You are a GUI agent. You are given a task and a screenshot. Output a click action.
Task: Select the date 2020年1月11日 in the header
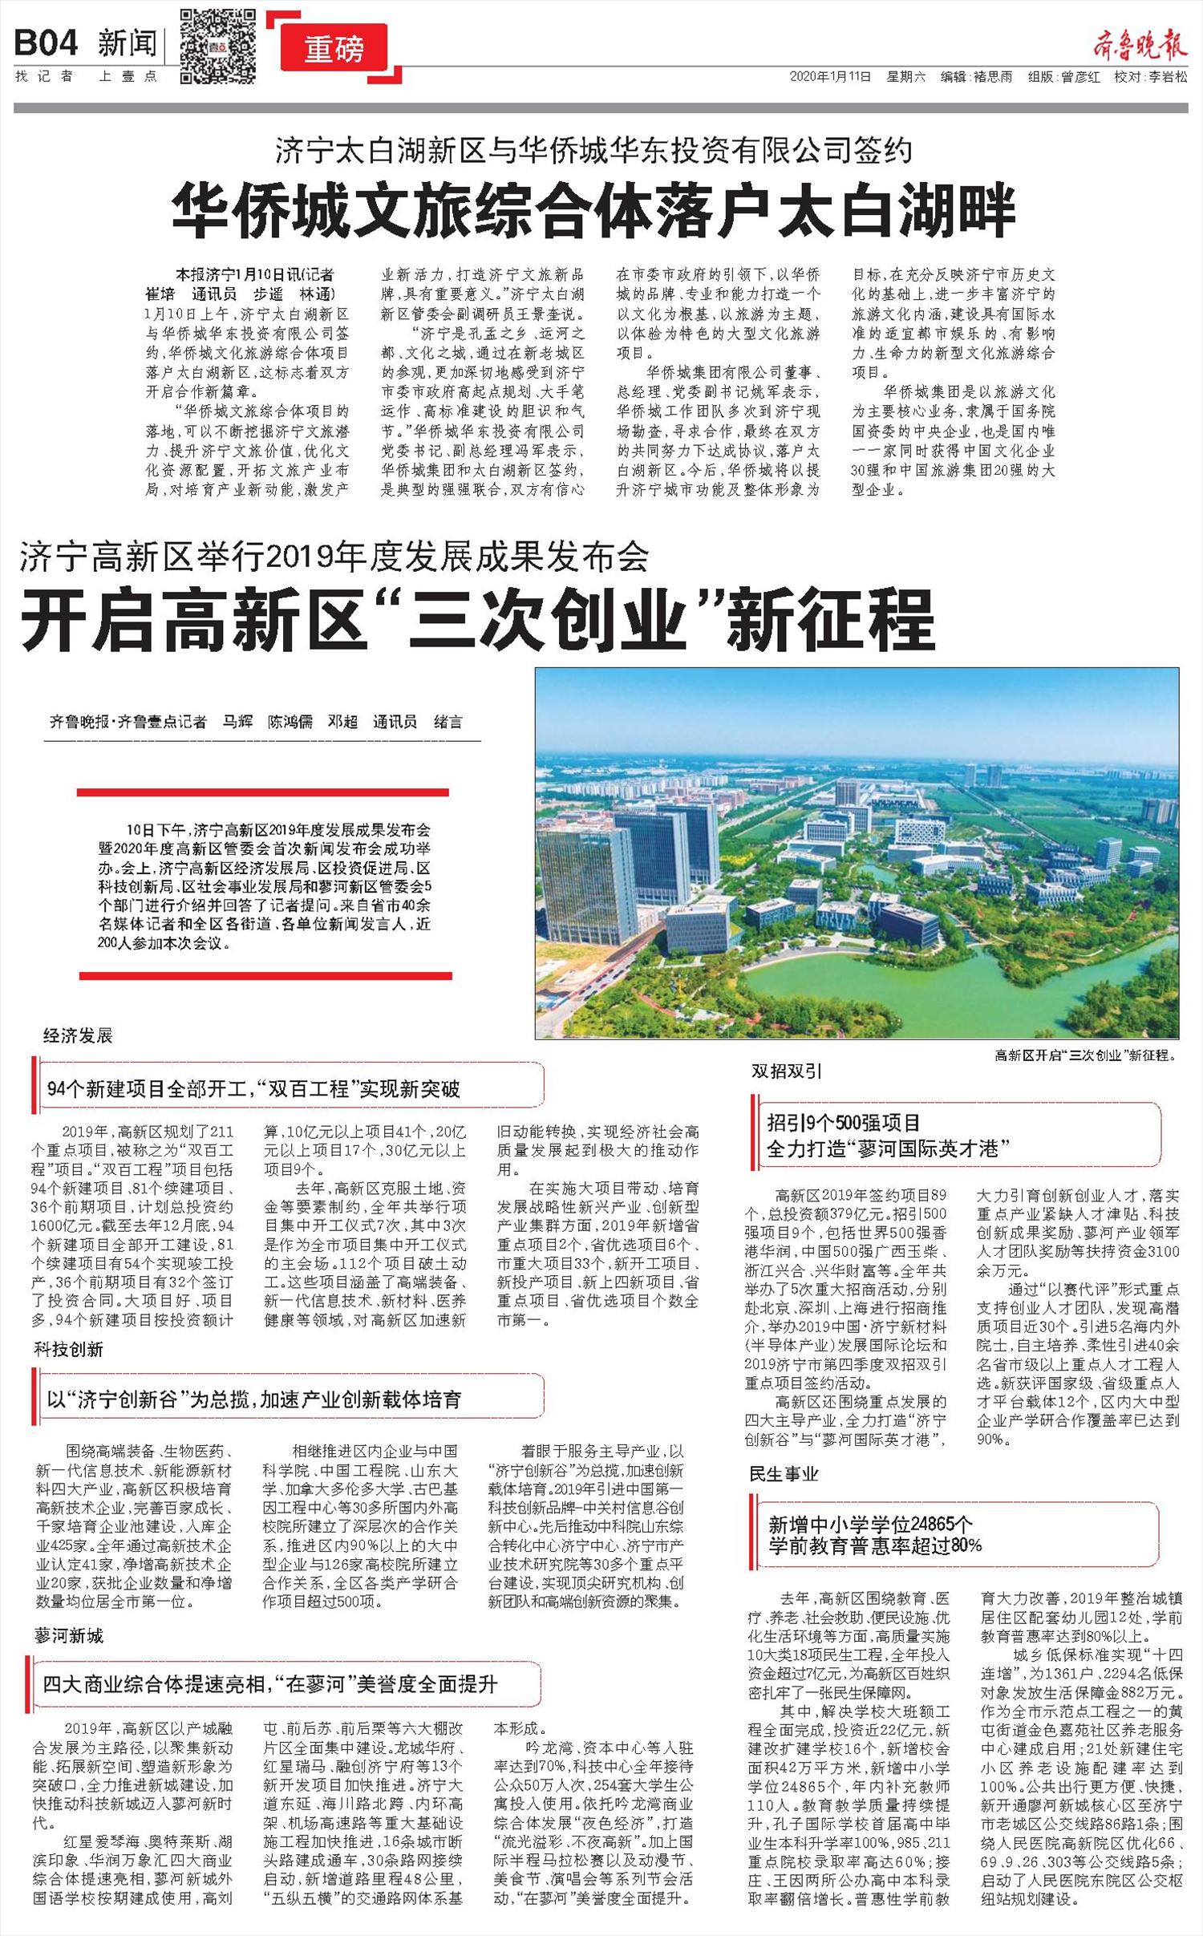click(x=830, y=77)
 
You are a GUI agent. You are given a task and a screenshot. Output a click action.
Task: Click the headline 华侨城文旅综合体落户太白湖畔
click(x=594, y=209)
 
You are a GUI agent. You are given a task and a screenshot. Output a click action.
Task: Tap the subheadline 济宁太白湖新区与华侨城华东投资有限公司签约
click(x=594, y=151)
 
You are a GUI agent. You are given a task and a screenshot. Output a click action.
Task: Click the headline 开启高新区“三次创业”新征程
click(x=478, y=620)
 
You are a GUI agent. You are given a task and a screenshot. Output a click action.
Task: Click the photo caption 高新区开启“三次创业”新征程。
click(x=1085, y=1055)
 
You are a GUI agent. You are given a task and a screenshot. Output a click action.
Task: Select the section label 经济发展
click(x=78, y=1035)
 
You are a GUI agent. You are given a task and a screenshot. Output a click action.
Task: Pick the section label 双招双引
click(x=786, y=1071)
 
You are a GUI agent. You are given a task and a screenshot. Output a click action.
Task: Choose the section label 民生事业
click(x=784, y=1473)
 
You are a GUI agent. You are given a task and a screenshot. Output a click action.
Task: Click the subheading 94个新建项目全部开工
click(x=253, y=1089)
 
